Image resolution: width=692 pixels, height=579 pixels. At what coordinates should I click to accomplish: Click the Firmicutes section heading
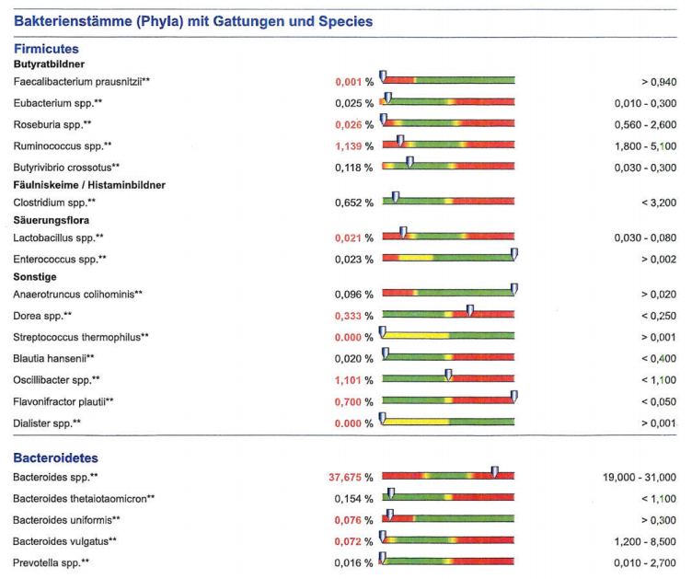coord(46,48)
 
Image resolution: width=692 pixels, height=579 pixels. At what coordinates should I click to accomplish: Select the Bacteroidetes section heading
coord(55,457)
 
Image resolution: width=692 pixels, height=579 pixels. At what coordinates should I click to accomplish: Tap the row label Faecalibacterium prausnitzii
coord(81,82)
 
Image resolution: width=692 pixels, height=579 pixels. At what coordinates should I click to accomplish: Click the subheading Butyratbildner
coord(50,64)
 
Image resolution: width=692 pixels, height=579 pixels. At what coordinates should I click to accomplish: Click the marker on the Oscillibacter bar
coord(448,376)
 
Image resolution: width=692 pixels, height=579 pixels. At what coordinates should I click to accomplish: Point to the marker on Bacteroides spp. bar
coord(495,473)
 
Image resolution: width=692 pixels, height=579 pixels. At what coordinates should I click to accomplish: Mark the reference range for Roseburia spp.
coord(645,124)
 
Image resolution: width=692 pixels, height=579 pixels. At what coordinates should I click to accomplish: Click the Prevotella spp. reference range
coord(645,562)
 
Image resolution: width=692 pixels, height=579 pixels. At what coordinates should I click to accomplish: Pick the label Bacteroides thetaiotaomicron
coord(84,498)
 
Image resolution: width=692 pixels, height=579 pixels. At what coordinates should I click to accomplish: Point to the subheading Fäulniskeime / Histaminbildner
coord(89,185)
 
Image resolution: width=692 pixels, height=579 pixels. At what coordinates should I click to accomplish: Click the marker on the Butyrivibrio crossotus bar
coord(409,163)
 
